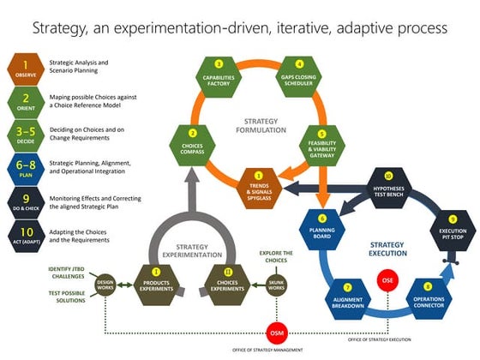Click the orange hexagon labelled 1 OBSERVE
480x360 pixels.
click(27, 68)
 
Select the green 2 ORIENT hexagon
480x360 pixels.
click(27, 100)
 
